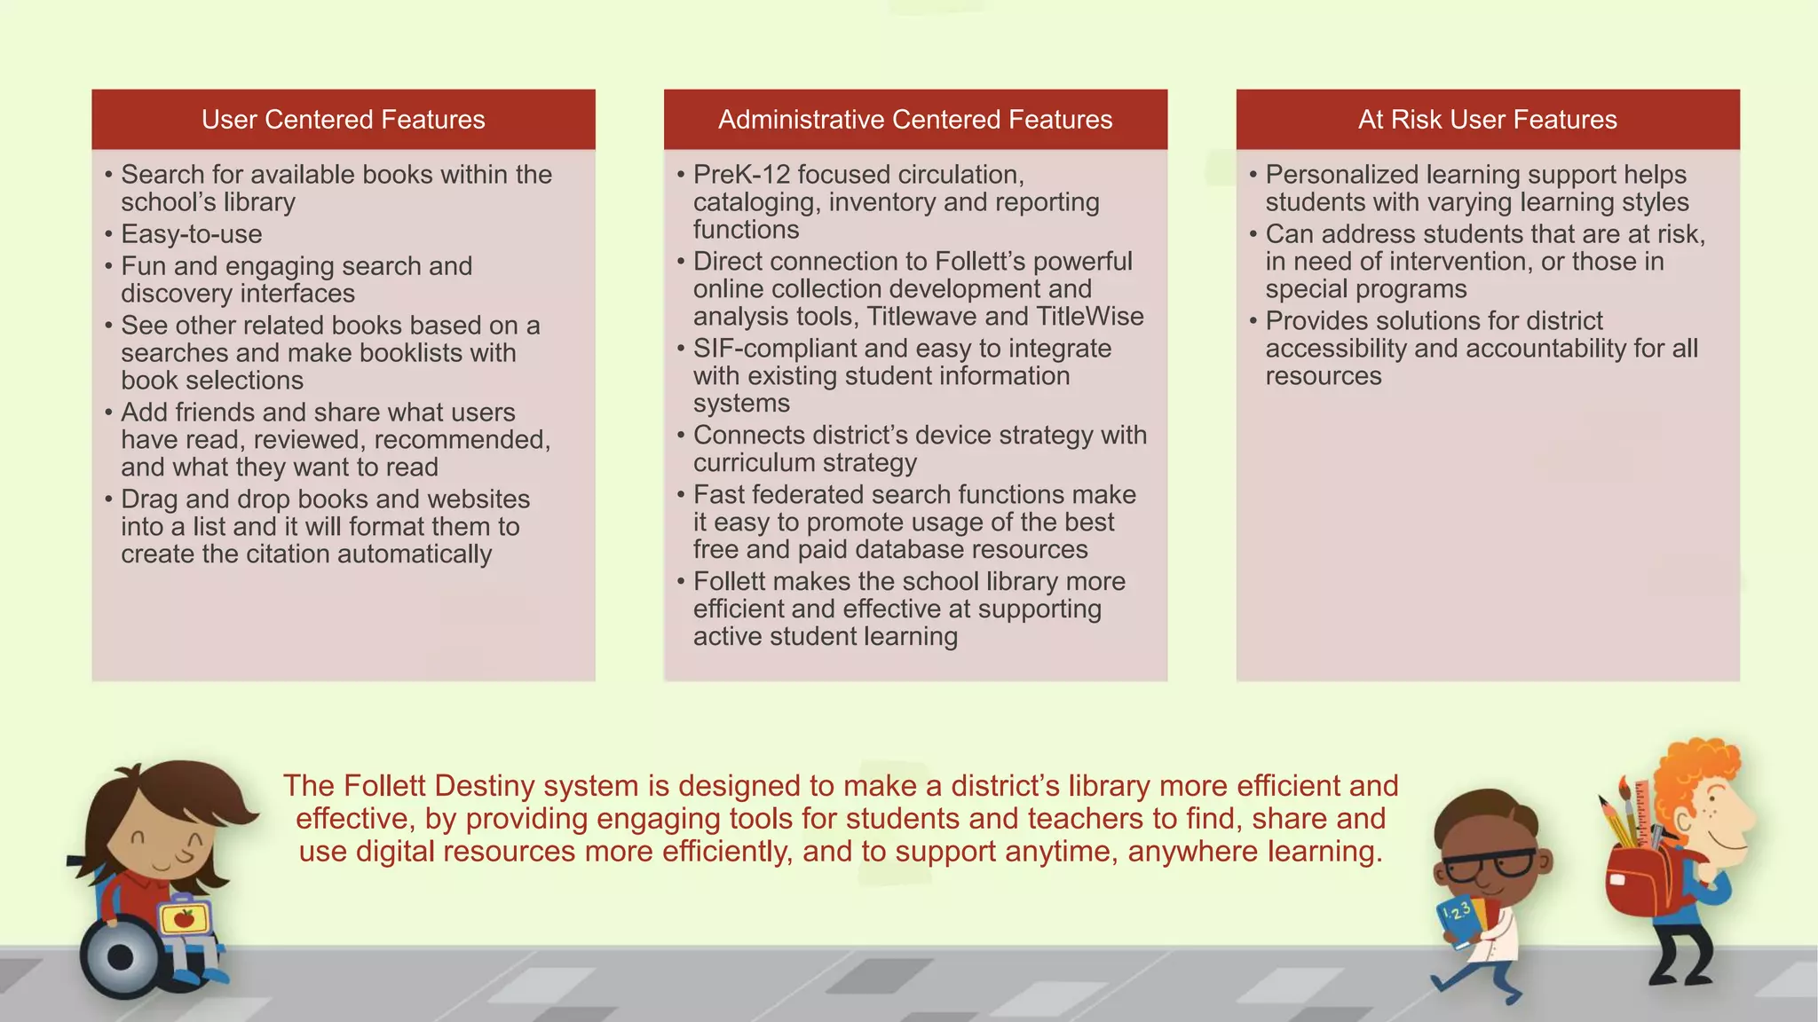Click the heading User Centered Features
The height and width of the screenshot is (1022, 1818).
[x=343, y=120]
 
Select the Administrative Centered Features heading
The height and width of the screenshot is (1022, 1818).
[x=915, y=120]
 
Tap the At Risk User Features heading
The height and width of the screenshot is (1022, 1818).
[x=1487, y=120]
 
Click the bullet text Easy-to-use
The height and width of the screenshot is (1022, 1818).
[x=192, y=234]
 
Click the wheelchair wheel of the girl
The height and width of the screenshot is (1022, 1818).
[x=121, y=957]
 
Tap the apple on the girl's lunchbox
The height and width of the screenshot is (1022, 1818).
[x=185, y=918]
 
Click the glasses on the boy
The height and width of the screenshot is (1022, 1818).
[x=1491, y=863]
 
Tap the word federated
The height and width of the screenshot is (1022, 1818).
[x=816, y=495]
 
